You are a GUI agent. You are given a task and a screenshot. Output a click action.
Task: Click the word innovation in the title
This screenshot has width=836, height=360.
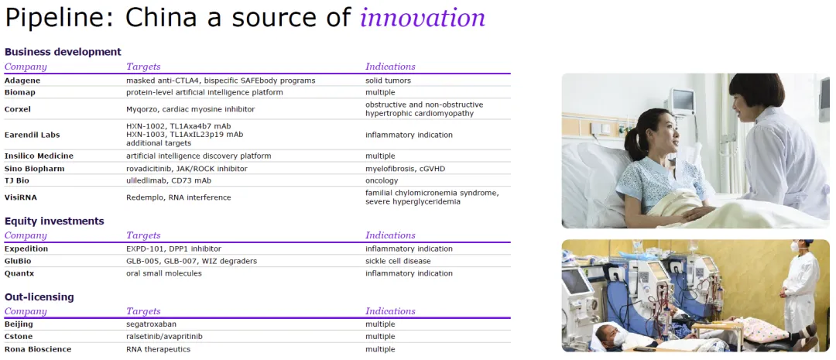click(x=423, y=18)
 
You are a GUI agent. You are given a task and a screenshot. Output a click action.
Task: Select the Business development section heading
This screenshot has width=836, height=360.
click(x=63, y=52)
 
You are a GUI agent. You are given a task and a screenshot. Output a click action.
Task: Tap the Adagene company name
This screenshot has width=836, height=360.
click(x=22, y=81)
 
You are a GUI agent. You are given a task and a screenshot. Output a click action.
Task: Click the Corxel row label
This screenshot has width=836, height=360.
click(x=19, y=109)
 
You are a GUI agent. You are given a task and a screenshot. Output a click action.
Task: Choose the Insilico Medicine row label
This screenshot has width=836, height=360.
click(x=39, y=156)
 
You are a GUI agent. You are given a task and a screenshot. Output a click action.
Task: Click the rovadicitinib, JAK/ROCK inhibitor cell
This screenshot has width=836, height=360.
click(x=187, y=169)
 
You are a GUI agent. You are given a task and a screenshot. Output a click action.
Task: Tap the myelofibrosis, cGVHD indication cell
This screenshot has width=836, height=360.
click(x=405, y=169)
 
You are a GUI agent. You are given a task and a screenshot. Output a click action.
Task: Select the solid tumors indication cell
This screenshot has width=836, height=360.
click(x=388, y=81)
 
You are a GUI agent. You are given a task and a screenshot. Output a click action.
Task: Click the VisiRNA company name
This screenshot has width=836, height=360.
click(x=21, y=197)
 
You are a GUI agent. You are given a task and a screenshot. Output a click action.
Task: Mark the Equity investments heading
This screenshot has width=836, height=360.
click(x=54, y=221)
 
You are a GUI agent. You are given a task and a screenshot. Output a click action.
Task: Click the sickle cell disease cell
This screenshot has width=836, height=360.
click(x=399, y=262)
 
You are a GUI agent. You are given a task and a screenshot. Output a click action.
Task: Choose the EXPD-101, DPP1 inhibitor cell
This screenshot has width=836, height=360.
click(x=174, y=249)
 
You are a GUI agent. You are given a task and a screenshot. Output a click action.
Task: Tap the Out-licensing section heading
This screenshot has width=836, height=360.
click(x=39, y=297)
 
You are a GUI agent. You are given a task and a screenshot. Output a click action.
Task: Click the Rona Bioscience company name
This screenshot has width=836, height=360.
click(x=38, y=349)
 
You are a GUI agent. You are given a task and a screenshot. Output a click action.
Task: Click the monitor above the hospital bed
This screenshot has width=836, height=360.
click(x=682, y=101)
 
